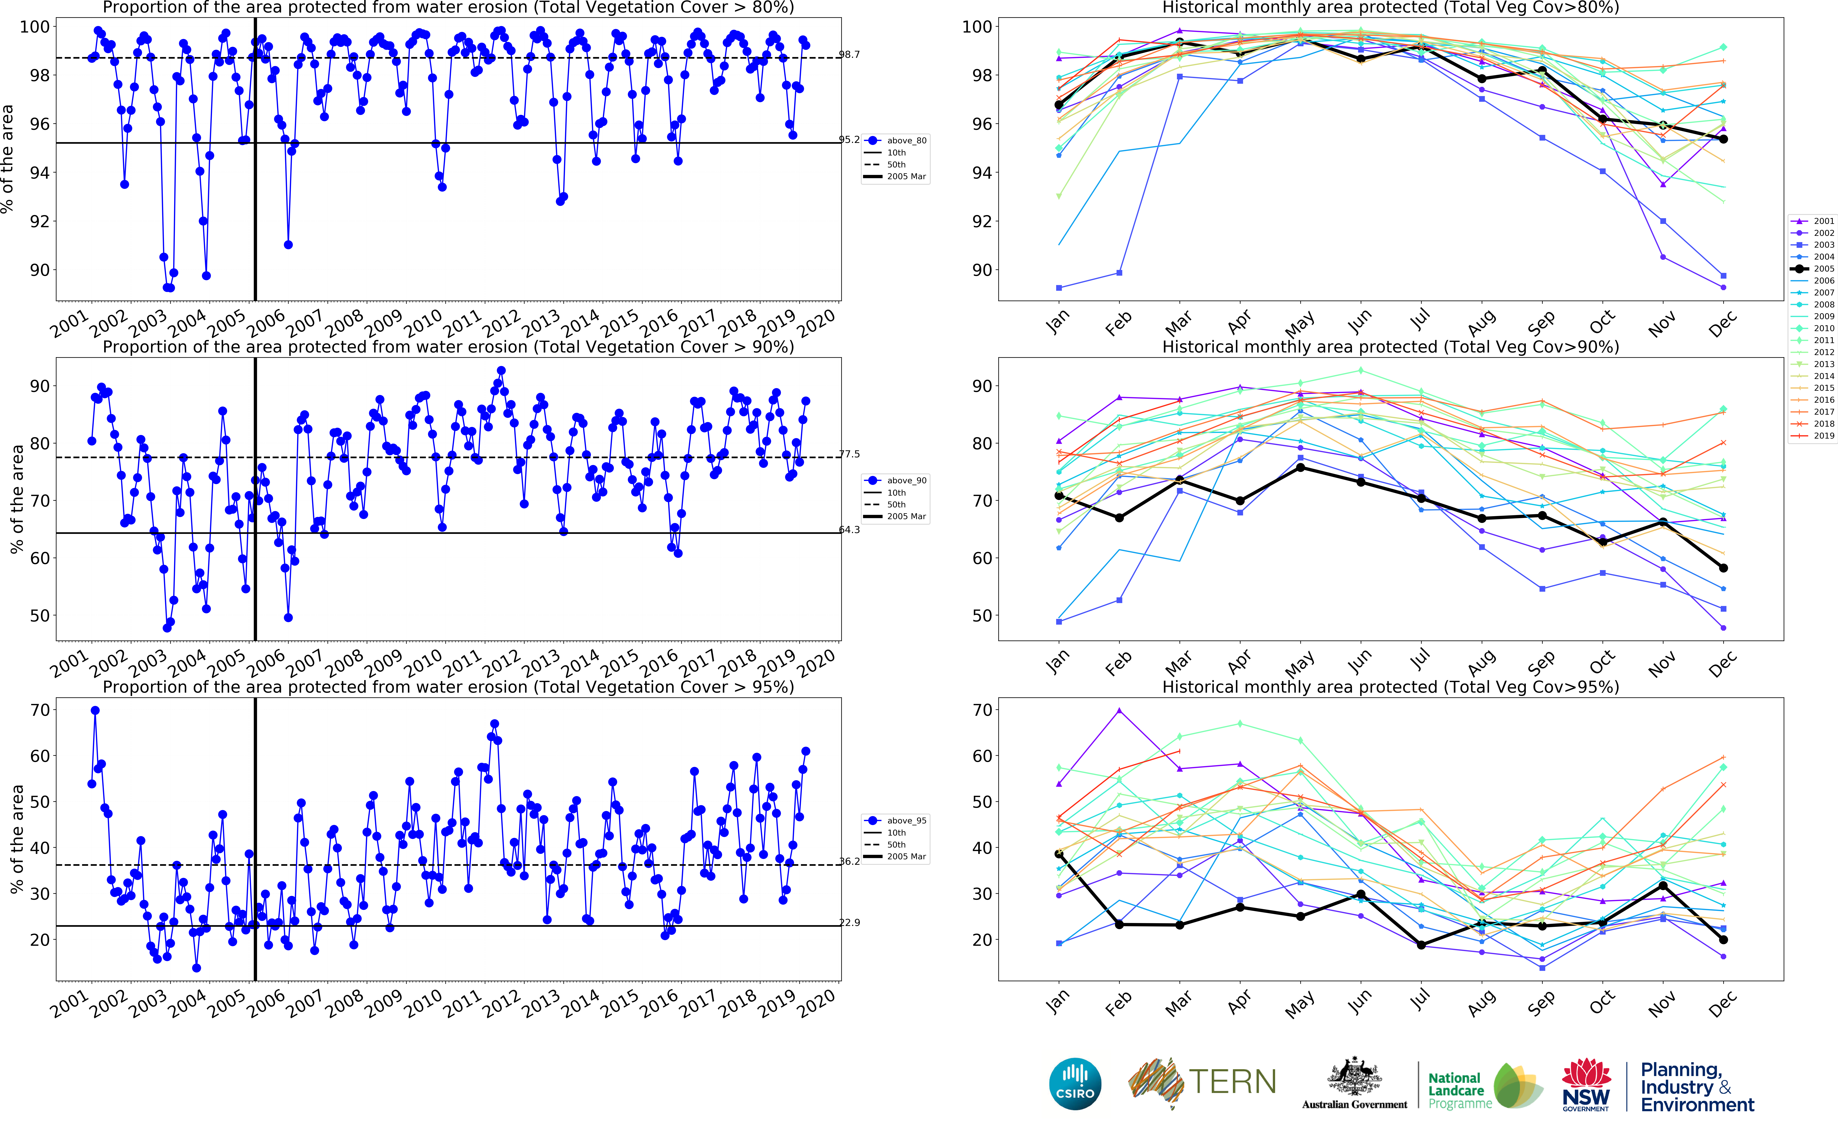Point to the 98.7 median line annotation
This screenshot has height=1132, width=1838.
point(849,55)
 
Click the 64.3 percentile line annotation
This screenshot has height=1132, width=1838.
point(849,530)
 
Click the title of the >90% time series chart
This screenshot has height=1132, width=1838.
point(448,347)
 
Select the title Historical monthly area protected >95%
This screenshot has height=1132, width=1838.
point(1390,687)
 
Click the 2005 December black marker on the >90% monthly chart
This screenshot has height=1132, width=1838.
point(1723,568)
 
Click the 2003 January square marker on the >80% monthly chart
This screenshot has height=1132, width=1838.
point(1059,287)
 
